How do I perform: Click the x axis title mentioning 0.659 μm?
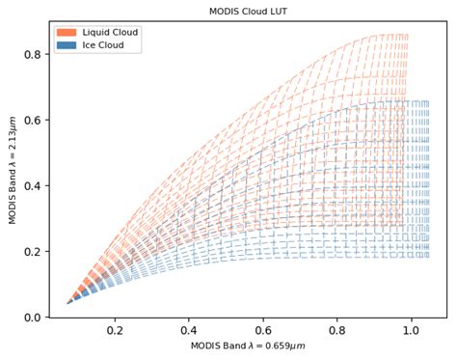[247, 346]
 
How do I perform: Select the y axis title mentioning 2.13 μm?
[13, 169]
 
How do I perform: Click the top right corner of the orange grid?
[407, 35]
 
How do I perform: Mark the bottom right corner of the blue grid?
[428, 256]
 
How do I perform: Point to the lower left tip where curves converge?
[67, 303]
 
